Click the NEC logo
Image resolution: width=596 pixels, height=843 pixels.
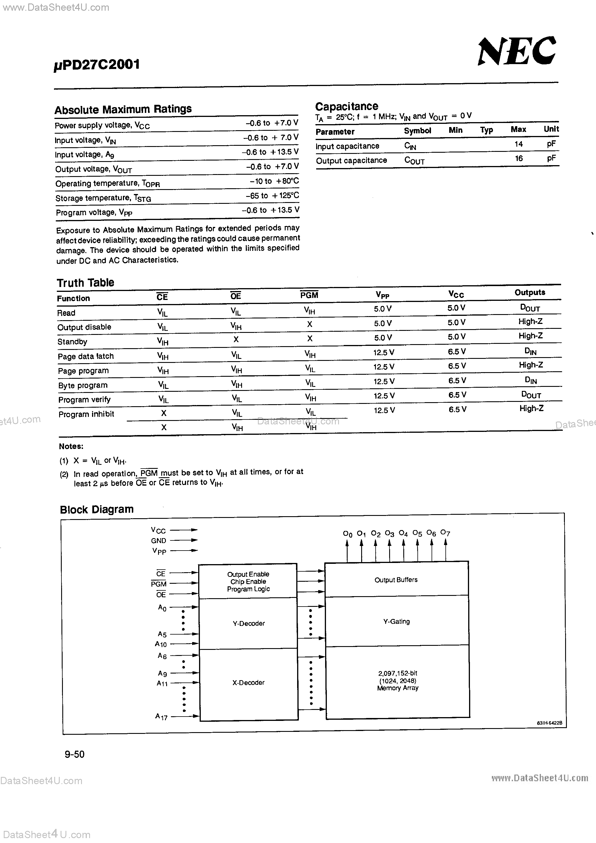point(517,51)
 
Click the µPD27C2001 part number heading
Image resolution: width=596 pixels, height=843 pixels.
point(97,65)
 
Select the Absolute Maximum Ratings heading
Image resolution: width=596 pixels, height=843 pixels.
point(123,109)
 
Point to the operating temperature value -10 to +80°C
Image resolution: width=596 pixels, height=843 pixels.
point(274,181)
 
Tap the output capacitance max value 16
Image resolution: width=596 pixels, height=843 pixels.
point(519,158)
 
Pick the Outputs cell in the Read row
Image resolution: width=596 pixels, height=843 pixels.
point(530,308)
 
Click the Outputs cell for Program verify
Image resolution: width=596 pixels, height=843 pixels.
point(531,395)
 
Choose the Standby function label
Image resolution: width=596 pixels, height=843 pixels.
point(72,342)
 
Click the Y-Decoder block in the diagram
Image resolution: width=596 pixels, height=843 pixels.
point(248,623)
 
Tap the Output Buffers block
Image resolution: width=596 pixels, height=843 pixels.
point(396,580)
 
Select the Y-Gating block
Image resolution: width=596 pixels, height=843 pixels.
point(396,621)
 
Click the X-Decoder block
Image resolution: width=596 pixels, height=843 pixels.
point(248,682)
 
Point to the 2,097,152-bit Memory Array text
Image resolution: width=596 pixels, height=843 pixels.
point(398,680)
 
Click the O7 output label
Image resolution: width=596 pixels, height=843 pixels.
point(445,533)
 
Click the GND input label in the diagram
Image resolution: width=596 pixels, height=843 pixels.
point(159,540)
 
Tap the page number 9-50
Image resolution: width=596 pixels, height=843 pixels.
point(74,754)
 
